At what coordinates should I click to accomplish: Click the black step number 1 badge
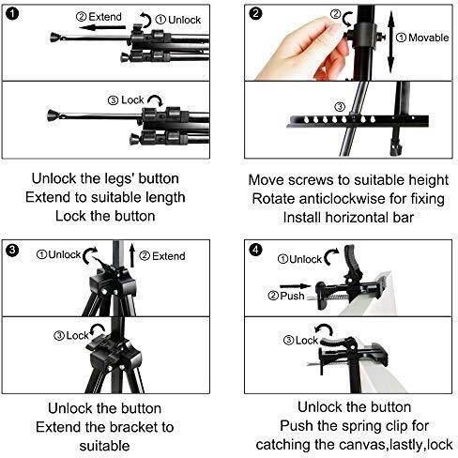(13, 14)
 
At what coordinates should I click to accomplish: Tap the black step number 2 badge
(255, 14)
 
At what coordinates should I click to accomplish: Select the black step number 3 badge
(12, 250)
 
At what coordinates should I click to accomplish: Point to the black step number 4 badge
(255, 250)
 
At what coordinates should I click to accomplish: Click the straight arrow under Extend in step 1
(102, 28)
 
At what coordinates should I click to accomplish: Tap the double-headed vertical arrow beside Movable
(390, 42)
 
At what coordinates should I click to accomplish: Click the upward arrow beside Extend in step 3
(132, 255)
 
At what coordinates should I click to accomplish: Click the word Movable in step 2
(429, 38)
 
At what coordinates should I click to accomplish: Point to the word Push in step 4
(292, 296)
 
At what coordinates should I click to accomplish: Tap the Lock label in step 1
(132, 100)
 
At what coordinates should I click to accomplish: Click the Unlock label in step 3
(65, 254)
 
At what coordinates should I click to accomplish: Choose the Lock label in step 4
(307, 340)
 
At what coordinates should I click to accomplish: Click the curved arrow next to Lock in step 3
(97, 329)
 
